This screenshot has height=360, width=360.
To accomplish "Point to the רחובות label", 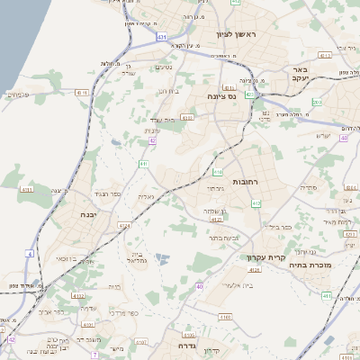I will tap(245, 181).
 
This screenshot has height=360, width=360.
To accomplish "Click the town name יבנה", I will tap(88, 216).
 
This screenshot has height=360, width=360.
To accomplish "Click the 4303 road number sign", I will tap(188, 117).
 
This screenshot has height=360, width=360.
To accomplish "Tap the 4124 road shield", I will tap(255, 268).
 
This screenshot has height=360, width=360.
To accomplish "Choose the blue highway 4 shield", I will tap(30, 254).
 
